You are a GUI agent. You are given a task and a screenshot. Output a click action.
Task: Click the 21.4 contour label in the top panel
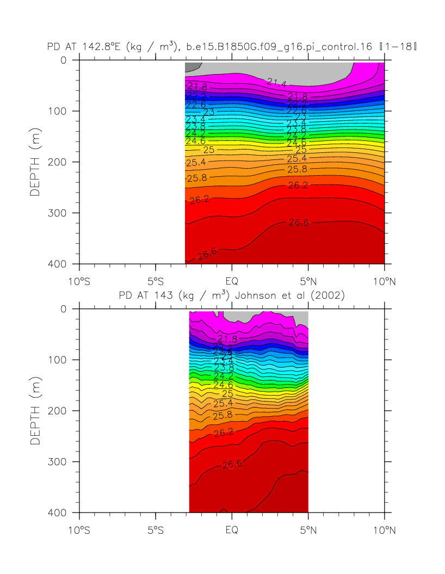[x=276, y=83]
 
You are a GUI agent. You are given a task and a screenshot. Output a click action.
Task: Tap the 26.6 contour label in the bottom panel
[x=232, y=464]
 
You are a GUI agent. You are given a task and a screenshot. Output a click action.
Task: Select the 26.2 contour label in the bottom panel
[x=223, y=433]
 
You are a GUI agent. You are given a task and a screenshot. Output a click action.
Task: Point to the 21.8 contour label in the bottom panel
[x=226, y=339]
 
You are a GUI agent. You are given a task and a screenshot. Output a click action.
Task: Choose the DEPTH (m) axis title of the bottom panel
[x=35, y=411]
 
